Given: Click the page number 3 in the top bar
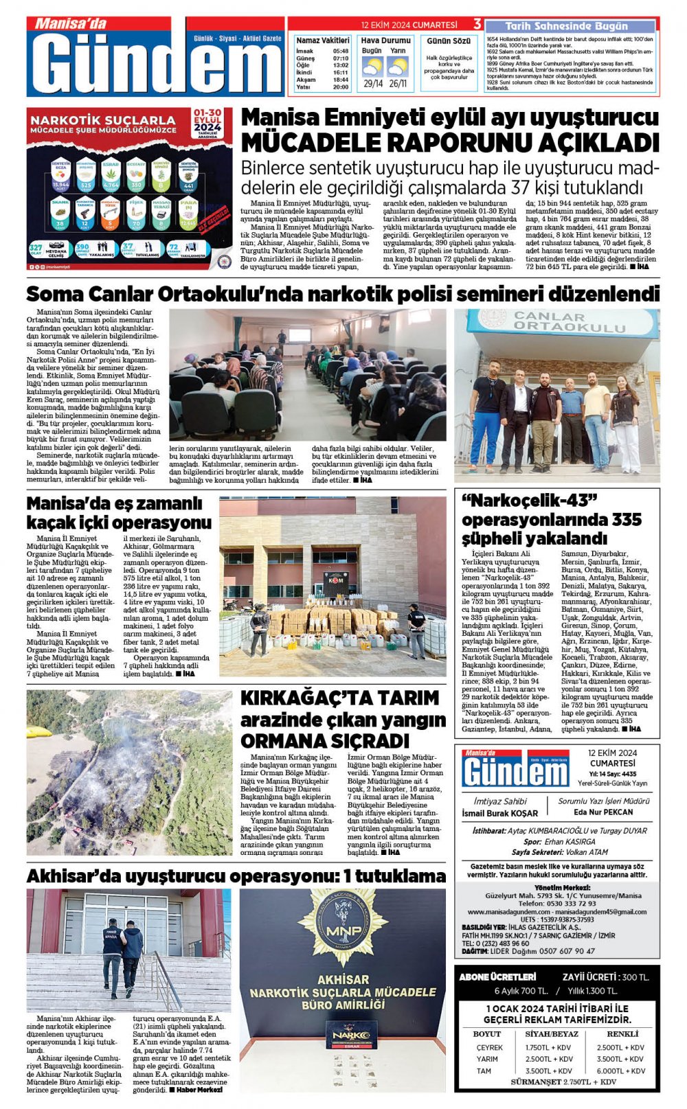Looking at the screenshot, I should tap(477, 24).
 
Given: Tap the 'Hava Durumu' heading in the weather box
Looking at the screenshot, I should tap(385, 41).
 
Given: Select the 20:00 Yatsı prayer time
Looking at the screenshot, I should tap(341, 87).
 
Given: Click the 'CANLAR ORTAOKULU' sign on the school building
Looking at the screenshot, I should tap(559, 321).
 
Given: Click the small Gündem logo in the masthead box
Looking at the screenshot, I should tap(515, 768).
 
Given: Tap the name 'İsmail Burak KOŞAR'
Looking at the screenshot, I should tap(500, 813).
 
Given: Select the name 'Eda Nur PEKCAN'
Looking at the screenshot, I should tap(603, 812).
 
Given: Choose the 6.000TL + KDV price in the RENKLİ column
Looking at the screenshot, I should tap(620, 1071).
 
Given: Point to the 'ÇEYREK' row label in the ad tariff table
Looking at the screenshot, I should tap(489, 1047).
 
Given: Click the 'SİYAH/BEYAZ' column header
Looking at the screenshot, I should tap(552, 1033).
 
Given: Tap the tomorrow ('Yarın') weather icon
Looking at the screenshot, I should tap(398, 67).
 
